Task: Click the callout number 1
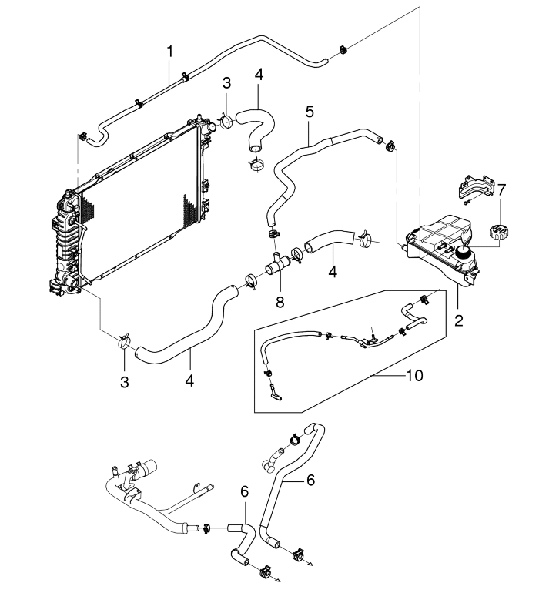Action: tap(170, 52)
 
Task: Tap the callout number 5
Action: tap(309, 111)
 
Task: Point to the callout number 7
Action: tap(501, 189)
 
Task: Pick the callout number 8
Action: tap(280, 303)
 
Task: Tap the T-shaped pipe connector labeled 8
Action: tap(276, 266)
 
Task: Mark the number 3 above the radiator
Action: tap(226, 83)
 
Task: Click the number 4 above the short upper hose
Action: tap(259, 75)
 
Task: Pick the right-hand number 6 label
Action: tap(310, 479)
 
